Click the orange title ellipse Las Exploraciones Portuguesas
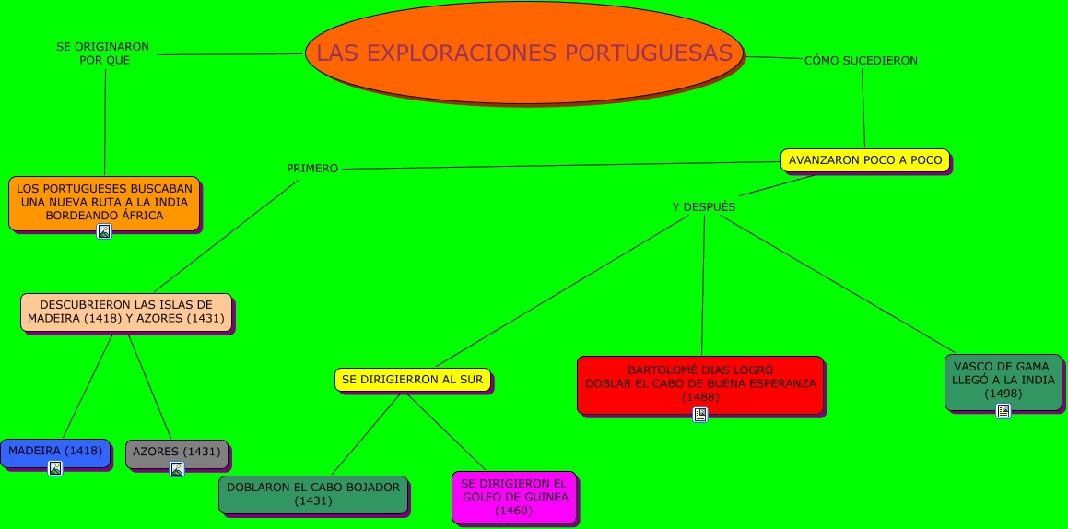click(x=524, y=53)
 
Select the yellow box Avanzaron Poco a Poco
click(x=864, y=159)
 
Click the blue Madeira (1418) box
click(x=55, y=451)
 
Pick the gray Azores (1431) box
click(x=176, y=452)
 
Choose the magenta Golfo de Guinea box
click(x=514, y=496)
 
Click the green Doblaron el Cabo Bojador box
click(x=313, y=494)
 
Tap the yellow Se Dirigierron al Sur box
click(x=412, y=379)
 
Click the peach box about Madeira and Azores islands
click(x=126, y=312)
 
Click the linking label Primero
click(x=312, y=169)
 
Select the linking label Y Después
click(x=704, y=207)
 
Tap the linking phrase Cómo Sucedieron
click(x=861, y=61)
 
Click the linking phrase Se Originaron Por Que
click(x=102, y=53)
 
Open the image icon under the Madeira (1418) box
click(x=55, y=468)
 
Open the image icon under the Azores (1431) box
click(x=177, y=469)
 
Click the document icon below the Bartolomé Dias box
click(x=700, y=415)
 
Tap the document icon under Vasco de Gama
click(x=1003, y=411)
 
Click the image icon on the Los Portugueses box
click(x=104, y=231)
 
